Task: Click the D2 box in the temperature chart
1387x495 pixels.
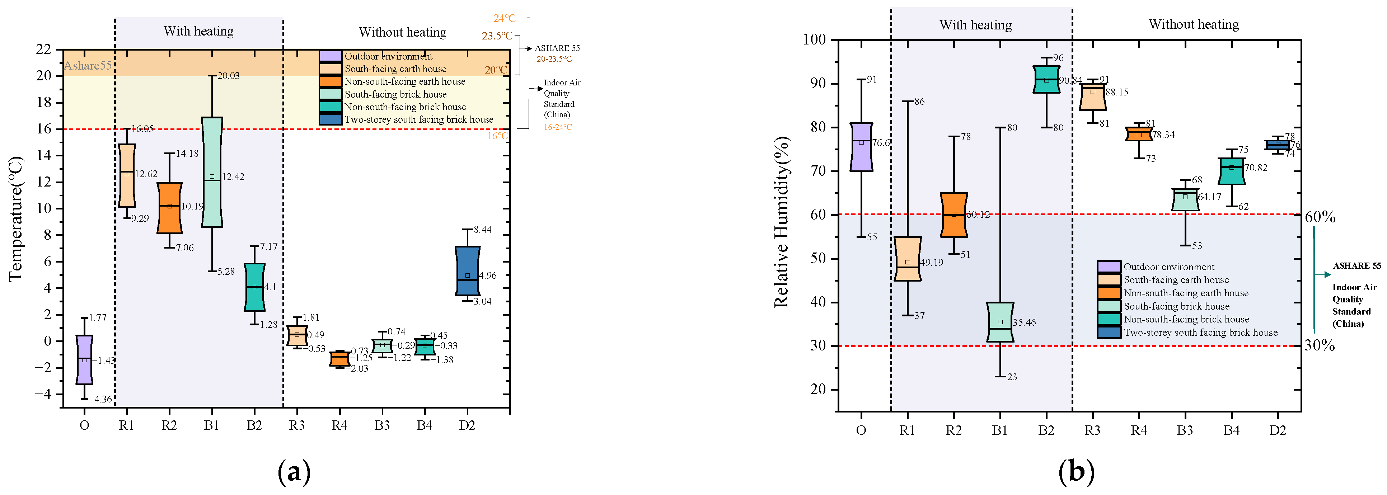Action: click(467, 270)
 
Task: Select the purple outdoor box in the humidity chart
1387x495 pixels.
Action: click(861, 147)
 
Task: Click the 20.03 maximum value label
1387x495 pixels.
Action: click(228, 76)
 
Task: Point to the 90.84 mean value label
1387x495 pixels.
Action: click(1070, 80)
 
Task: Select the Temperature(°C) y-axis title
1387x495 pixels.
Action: click(16, 218)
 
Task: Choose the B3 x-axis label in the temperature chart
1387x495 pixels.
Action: click(382, 425)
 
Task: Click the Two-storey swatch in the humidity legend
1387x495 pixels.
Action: click(1109, 333)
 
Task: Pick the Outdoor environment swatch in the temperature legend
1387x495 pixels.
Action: click(330, 56)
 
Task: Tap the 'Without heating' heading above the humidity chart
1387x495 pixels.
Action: click(1194, 24)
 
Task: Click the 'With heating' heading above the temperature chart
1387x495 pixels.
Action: click(198, 31)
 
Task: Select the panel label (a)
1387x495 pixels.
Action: click(294, 472)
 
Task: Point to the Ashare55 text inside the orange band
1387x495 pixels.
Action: click(88, 66)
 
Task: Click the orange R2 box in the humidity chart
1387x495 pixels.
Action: click(953, 214)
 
